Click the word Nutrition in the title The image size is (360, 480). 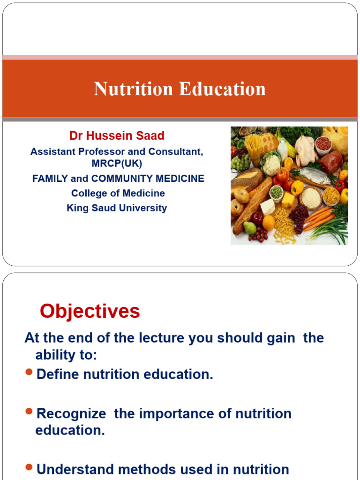pyautogui.click(x=134, y=89)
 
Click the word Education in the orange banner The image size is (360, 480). pyautogui.click(x=222, y=89)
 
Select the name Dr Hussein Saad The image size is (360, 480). pyautogui.click(x=117, y=136)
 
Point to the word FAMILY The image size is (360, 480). pyautogui.click(x=50, y=179)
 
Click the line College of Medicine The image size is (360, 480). pyautogui.click(x=118, y=193)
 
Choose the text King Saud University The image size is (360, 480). pyautogui.click(x=117, y=208)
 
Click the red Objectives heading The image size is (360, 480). pyautogui.click(x=90, y=311)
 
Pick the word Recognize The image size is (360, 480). pyautogui.click(x=71, y=414)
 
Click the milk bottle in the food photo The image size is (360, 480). pyautogui.click(x=282, y=150)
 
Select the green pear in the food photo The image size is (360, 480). pyautogui.click(x=250, y=228)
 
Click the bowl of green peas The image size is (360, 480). pyautogui.click(x=277, y=192)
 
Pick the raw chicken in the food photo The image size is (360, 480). pyautogui.click(x=305, y=150)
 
